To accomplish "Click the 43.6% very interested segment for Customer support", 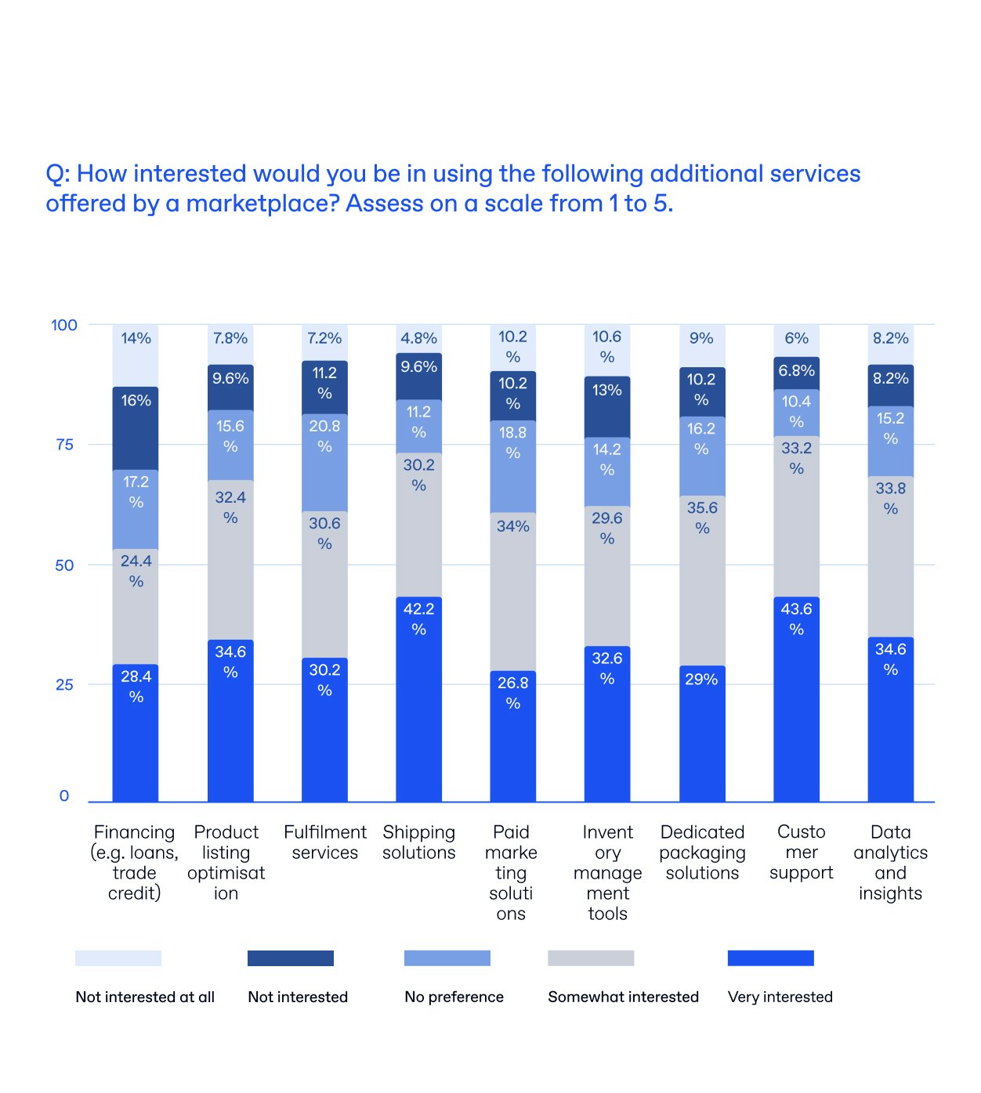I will click(796, 699).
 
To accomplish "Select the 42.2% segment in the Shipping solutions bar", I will click(418, 699).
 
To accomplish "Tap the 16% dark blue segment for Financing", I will click(136, 428).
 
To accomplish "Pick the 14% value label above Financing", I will click(136, 338).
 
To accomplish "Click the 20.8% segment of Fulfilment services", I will click(324, 463).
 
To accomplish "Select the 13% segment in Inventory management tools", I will click(606, 407).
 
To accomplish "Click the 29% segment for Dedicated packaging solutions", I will click(701, 734).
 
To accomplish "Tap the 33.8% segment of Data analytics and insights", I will click(890, 557).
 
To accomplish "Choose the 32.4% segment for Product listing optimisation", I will click(230, 560).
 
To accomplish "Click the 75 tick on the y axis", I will click(64, 445).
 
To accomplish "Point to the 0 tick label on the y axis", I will click(64, 796).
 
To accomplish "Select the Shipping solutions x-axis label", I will click(418, 842).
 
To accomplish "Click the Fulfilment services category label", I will click(324, 842).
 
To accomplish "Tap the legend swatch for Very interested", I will click(770, 958).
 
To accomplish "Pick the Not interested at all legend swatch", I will click(118, 958).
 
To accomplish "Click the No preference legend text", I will click(454, 997).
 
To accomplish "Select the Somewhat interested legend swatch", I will click(591, 958).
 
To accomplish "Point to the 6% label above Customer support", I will click(796, 338).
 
